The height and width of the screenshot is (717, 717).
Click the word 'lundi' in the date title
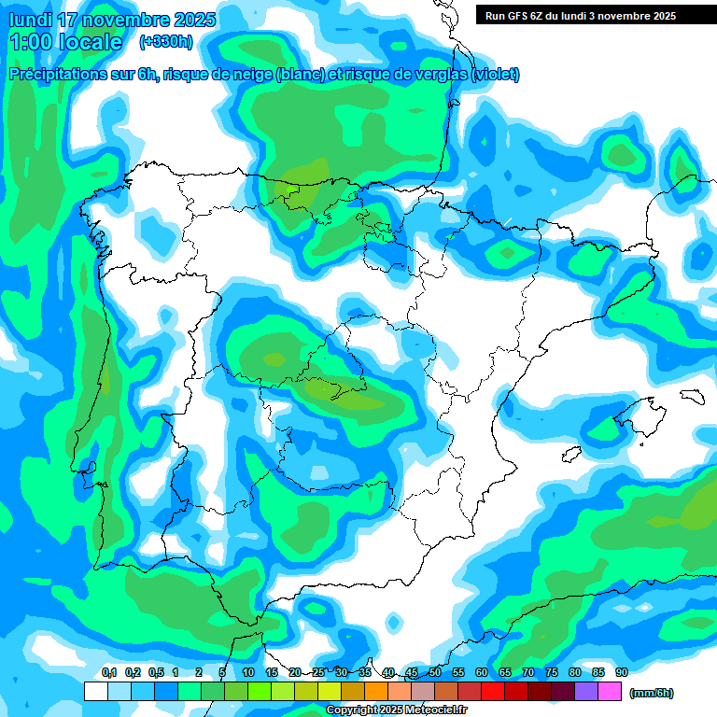[x=29, y=20]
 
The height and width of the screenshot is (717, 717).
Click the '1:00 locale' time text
[x=65, y=42]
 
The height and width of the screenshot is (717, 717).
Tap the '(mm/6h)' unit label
[x=652, y=693]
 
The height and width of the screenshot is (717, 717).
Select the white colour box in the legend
[x=95, y=692]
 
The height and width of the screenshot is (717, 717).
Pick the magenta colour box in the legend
[x=610, y=692]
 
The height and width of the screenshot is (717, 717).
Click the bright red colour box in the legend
[x=492, y=692]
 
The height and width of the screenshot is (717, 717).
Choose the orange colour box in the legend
[x=375, y=692]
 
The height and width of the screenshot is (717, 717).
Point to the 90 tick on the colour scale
[x=621, y=673]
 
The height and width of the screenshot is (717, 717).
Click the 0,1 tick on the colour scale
[x=108, y=673]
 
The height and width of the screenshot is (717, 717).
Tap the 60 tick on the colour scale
[x=481, y=673]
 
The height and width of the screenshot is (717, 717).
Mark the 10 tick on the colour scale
[x=247, y=673]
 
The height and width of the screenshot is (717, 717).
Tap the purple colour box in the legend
[x=586, y=692]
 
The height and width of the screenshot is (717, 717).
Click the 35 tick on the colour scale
[x=364, y=673]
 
